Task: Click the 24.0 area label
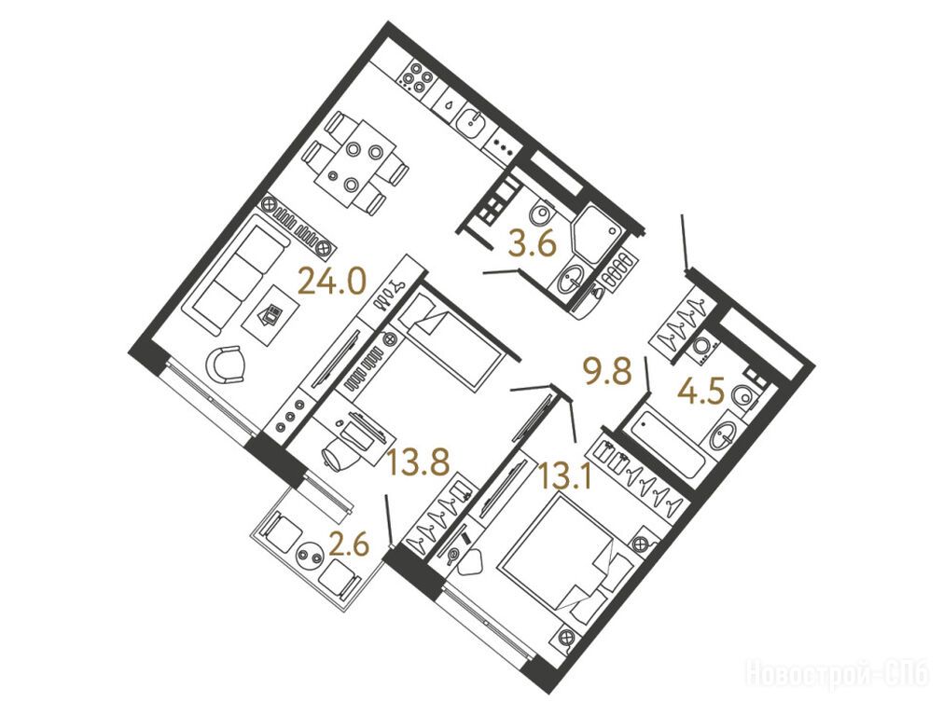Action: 332,282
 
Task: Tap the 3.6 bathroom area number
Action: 532,245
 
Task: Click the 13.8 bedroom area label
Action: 419,462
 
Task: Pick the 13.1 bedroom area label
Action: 566,477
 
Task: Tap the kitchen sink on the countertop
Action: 472,124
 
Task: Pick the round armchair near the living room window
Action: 226,365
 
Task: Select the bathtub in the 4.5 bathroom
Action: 664,446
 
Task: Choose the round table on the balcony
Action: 312,554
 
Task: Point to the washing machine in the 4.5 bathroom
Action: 701,346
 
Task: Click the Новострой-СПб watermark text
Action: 839,673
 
